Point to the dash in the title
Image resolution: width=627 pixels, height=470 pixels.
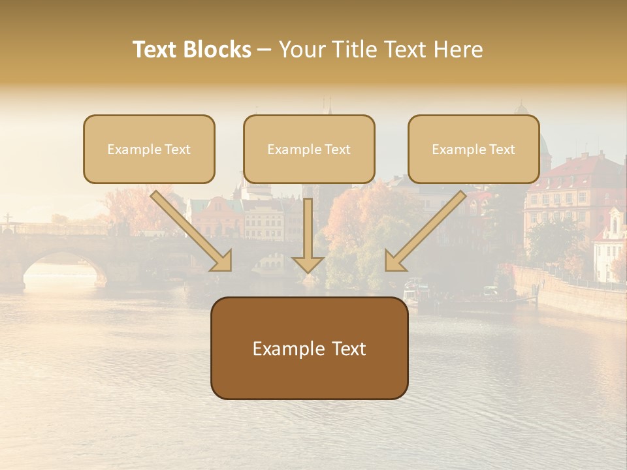[x=265, y=50]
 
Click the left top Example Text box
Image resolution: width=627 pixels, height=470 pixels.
[x=149, y=149]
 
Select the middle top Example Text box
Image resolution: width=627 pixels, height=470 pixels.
[x=309, y=149]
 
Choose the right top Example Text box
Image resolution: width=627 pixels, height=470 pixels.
[x=474, y=149]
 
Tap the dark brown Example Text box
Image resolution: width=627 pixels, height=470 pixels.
[x=309, y=348]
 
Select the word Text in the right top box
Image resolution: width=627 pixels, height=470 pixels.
[x=502, y=149]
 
